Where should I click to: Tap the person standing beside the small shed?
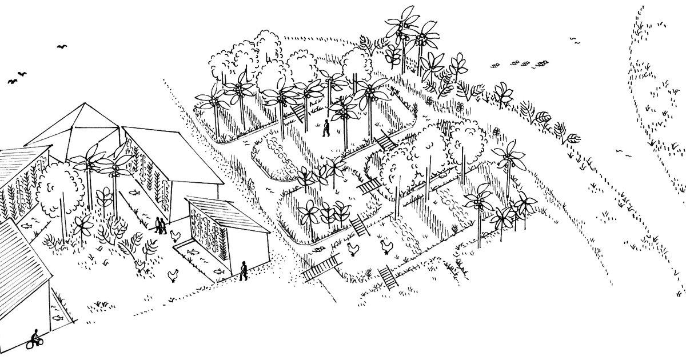244,270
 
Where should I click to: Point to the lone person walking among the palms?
326,128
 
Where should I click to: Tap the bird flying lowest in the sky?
13,81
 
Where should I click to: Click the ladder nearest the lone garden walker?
296,111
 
